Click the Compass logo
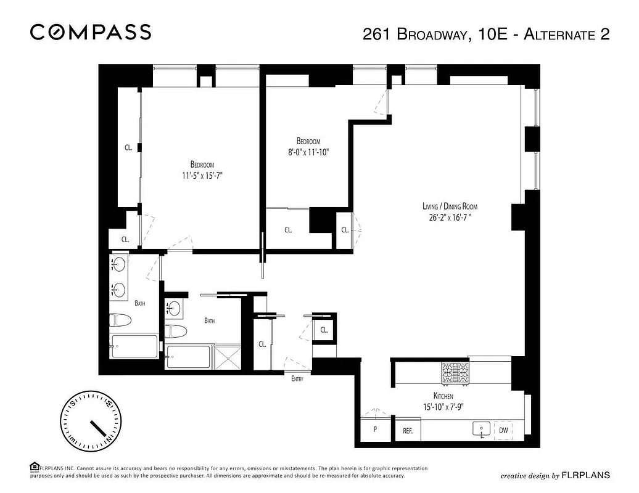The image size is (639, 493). coord(91,32)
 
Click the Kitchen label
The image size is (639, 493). coord(443,396)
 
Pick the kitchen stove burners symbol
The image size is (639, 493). coord(455,373)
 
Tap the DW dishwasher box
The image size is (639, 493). coord(504,430)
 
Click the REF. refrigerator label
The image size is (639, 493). coord(408,431)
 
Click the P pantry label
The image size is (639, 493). coord(374,430)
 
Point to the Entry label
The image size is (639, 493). coord(297,379)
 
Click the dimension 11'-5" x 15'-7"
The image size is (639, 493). coord(202,175)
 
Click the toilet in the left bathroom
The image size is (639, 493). coord(120,320)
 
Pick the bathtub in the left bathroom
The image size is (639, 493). coord(134,346)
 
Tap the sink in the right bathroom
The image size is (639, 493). coord(175,308)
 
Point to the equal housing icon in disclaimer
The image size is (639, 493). coord(35,467)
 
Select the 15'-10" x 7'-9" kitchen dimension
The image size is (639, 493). coord(443,406)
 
